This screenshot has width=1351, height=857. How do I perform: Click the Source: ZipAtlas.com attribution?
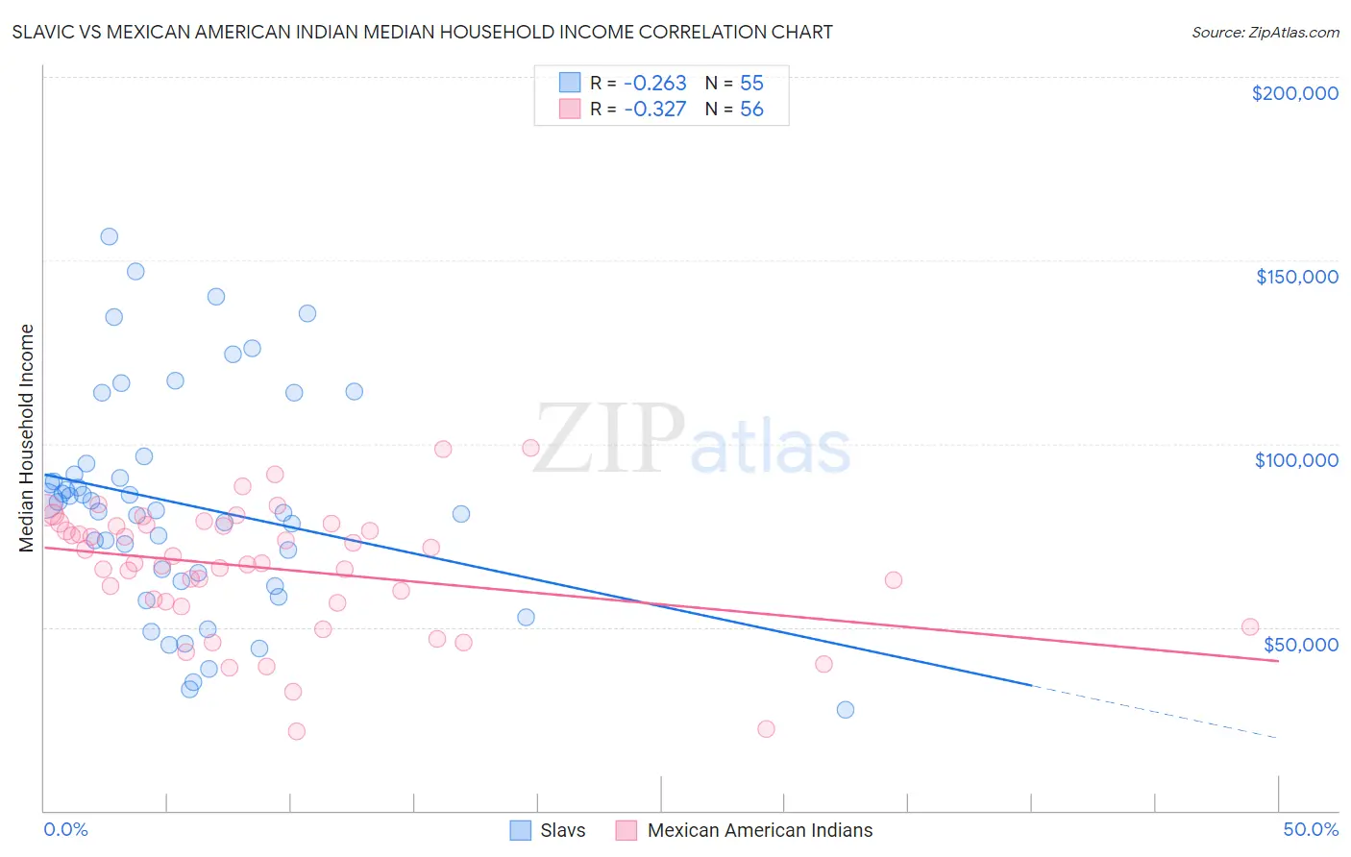[1265, 32]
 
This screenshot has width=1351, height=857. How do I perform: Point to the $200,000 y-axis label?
[1294, 93]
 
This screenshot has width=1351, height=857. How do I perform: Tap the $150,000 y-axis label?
[1296, 277]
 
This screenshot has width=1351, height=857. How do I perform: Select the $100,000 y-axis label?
[1296, 460]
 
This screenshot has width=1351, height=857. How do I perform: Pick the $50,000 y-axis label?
[1300, 645]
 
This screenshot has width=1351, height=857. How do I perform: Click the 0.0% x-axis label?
[65, 829]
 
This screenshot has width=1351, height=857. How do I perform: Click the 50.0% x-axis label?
[1311, 829]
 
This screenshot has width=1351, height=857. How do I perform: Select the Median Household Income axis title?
[26, 438]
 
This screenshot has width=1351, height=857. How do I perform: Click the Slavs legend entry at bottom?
[562, 830]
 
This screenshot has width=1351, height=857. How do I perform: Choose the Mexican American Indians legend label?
[759, 830]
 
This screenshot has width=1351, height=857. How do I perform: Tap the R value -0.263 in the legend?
[655, 83]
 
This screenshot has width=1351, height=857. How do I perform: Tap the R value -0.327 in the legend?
[655, 109]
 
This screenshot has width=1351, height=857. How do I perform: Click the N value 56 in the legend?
[751, 109]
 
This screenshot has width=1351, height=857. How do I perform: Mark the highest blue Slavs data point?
[110, 236]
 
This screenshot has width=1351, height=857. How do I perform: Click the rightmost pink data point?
[1250, 626]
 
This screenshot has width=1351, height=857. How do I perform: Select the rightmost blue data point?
[846, 709]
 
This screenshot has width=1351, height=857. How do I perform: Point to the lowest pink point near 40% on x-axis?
[766, 728]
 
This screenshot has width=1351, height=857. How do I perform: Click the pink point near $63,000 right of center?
[893, 579]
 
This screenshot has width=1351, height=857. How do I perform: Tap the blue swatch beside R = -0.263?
[571, 83]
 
